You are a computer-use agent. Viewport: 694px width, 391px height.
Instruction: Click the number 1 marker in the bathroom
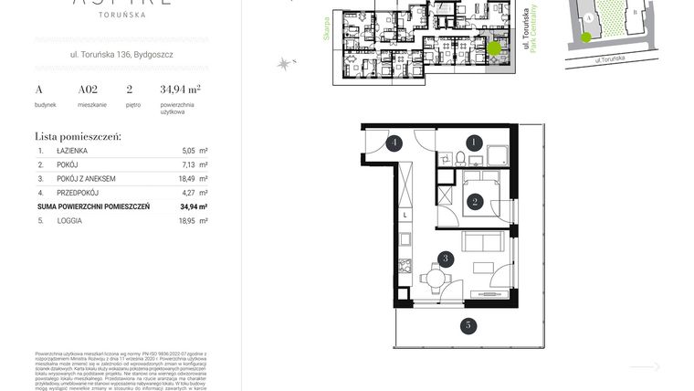point(474,143)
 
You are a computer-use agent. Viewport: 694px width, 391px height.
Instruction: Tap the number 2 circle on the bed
point(474,203)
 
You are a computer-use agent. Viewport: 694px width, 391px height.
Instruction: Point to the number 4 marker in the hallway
point(394,143)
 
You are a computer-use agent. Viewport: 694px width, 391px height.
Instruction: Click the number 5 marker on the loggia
point(467,324)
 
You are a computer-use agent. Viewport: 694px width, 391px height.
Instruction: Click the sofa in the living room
point(481,242)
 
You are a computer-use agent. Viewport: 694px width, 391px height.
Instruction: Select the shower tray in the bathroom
point(498,156)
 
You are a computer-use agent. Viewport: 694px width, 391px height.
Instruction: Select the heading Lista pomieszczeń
point(78,135)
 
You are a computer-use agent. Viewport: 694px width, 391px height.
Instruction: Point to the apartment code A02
point(88,90)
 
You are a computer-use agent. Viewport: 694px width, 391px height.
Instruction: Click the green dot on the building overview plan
point(493,48)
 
